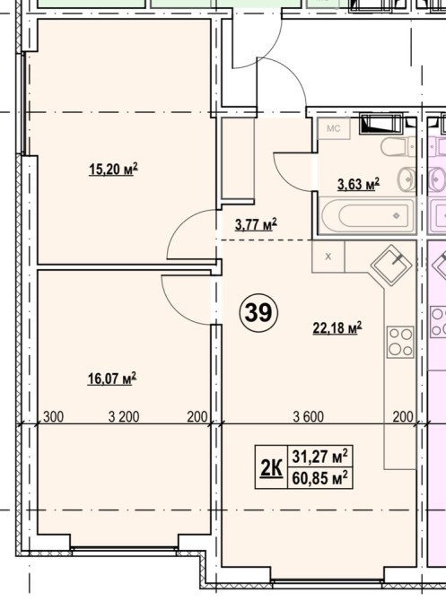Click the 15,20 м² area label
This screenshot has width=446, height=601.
(x=113, y=169)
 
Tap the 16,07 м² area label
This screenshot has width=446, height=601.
(x=112, y=379)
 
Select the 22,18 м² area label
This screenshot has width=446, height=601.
(x=337, y=327)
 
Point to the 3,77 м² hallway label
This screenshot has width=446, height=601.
(x=256, y=224)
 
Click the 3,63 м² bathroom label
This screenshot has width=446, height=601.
(x=359, y=184)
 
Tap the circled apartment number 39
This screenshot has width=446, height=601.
(x=258, y=312)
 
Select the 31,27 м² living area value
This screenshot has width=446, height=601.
(x=320, y=456)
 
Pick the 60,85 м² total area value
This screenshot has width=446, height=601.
(x=320, y=478)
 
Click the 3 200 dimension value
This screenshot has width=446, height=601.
(x=124, y=416)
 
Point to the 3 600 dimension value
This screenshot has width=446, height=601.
(x=309, y=416)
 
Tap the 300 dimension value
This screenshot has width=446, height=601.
(x=53, y=416)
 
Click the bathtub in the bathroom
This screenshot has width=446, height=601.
(x=367, y=215)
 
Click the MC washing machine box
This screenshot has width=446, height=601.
(x=334, y=128)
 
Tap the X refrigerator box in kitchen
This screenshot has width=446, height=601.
(x=328, y=257)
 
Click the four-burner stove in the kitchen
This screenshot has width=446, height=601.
(x=400, y=342)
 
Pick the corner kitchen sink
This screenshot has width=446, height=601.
(x=391, y=266)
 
